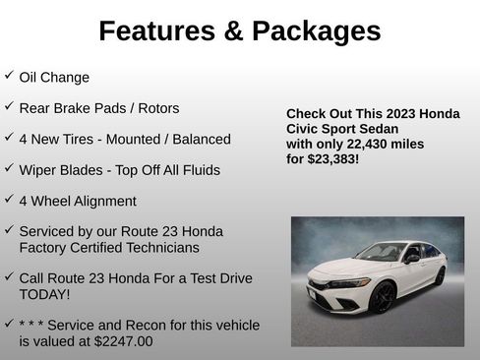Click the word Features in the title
pyautogui.click(x=155, y=31)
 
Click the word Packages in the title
pyautogui.click(x=316, y=31)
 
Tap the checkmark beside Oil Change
pyautogui.click(x=9, y=75)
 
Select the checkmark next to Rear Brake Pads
pyautogui.click(x=9, y=105)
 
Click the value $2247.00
pyautogui.click(x=120, y=341)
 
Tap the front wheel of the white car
pyautogui.click(x=382, y=296)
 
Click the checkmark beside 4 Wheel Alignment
pyautogui.click(x=9, y=198)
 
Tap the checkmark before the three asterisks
pyautogui.click(x=9, y=323)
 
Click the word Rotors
pyautogui.click(x=157, y=108)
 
